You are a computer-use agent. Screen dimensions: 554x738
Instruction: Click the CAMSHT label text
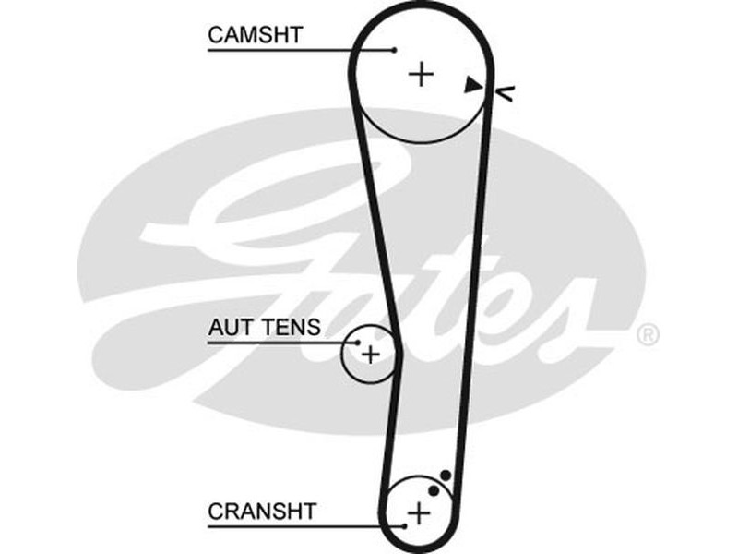256,35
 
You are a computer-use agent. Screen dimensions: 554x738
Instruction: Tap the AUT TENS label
264,327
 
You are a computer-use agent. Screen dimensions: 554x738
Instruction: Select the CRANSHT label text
262,510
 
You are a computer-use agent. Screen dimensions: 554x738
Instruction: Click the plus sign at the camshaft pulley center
422,73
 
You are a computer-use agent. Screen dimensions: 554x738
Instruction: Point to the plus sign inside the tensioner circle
370,354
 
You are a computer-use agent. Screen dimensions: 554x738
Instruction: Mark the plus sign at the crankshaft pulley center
420,511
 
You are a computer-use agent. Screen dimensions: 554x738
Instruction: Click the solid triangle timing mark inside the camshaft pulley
472,85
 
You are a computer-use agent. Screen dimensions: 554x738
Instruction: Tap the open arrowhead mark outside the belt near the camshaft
506,90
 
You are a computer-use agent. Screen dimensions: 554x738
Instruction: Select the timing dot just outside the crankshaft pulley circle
446,476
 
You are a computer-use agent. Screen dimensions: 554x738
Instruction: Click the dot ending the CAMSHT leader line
394,50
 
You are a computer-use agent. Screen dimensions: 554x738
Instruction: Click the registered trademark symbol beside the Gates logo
649,335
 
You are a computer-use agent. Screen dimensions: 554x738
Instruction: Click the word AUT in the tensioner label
229,327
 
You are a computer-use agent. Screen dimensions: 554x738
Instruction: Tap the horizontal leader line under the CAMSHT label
295,50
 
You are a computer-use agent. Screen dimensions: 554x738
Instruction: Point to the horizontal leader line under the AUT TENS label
277,342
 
